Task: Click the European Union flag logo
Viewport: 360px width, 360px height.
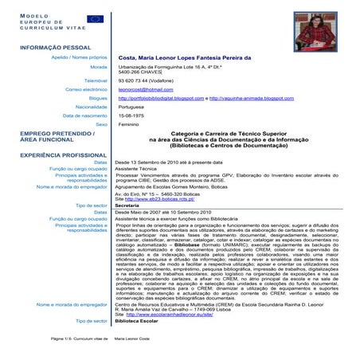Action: (95, 18)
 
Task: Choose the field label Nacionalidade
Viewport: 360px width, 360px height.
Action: (91, 107)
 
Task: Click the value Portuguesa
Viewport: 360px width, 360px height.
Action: (131, 107)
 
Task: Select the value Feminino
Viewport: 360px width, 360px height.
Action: (129, 124)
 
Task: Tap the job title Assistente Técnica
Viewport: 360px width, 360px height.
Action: (137, 170)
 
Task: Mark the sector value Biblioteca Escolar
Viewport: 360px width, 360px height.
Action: (137, 320)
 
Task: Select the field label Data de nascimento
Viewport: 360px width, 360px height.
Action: (84, 115)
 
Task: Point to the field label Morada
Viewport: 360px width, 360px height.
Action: (98, 67)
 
